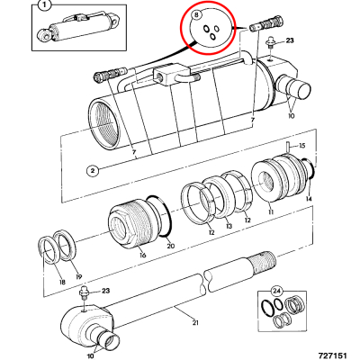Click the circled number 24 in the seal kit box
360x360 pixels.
point(277,291)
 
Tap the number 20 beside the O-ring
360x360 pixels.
point(170,246)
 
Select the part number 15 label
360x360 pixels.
point(302,146)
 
